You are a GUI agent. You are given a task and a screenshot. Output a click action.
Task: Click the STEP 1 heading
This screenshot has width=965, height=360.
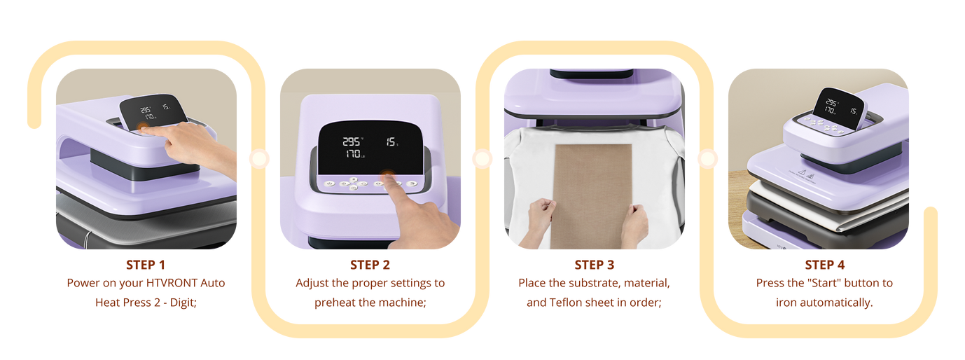click(x=146, y=265)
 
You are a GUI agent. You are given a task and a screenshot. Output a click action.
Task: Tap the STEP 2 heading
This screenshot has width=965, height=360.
click(x=370, y=265)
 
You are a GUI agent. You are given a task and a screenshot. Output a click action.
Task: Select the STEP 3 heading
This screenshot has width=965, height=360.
click(x=595, y=265)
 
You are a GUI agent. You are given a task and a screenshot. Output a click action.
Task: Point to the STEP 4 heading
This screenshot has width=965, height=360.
click(x=824, y=265)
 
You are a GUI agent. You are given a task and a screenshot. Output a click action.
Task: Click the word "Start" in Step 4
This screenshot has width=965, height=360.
click(x=824, y=283)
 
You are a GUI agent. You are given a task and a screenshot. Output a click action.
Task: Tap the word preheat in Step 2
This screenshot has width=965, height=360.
click(x=333, y=303)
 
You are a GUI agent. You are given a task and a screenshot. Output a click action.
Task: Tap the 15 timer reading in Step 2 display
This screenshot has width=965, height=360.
click(x=391, y=141)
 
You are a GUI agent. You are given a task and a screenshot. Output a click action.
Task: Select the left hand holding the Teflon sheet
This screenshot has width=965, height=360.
click(x=539, y=220)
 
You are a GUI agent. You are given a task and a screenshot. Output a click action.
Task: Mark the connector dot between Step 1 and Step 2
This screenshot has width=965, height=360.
click(x=259, y=159)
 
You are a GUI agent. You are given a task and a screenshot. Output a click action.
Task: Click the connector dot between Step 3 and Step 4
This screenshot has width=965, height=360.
click(x=707, y=159)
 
